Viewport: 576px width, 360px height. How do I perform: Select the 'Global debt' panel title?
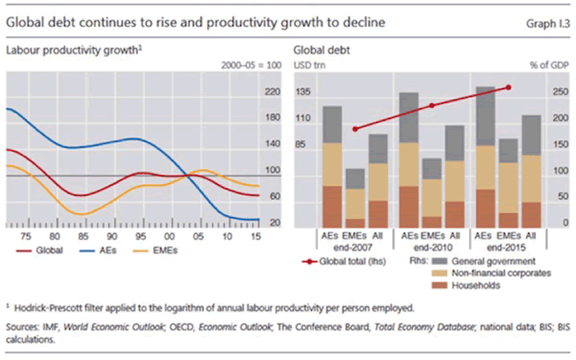pos(323,50)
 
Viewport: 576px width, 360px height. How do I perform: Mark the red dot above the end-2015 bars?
pos(508,87)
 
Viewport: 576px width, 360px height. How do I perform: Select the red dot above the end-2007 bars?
pos(355,129)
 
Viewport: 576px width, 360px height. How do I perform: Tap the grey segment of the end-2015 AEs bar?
pos(485,116)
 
